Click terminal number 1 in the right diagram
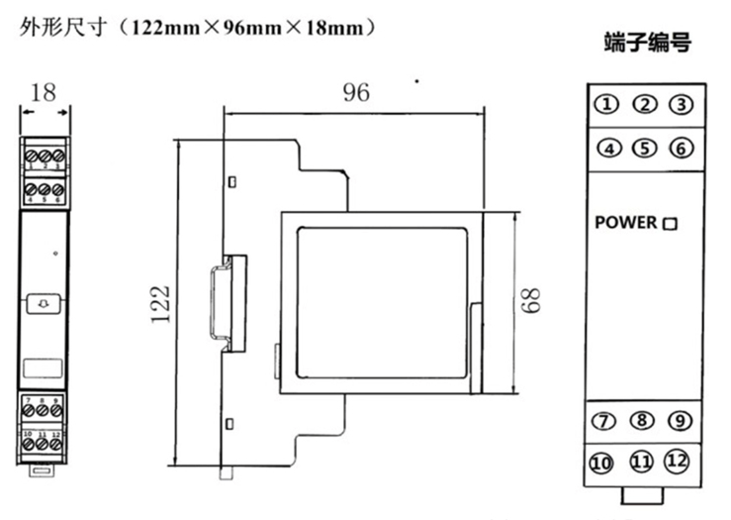(607, 105)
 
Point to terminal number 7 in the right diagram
(603, 420)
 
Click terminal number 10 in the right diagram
(602, 463)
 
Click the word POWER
(625, 223)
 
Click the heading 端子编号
(647, 45)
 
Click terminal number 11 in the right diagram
(641, 463)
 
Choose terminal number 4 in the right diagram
(608, 149)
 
